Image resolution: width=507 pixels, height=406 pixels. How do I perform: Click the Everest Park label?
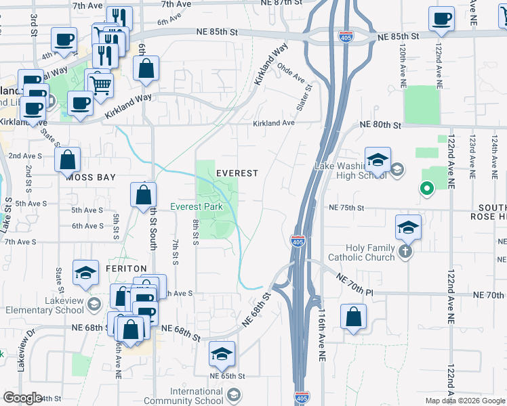197,206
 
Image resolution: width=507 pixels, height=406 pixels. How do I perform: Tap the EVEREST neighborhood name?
237,173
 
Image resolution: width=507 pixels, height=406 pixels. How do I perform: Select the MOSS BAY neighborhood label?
90,177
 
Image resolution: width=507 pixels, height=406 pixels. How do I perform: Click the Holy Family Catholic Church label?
361,252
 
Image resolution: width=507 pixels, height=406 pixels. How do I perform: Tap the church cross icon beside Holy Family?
405,252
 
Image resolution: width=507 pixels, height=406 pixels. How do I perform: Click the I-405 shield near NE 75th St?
298,240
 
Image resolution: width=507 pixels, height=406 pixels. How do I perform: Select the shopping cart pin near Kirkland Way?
100,86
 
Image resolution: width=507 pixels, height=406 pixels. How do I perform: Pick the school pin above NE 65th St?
222,355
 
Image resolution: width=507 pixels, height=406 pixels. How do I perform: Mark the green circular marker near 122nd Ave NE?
426,189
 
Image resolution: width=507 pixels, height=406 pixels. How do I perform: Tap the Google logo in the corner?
22,398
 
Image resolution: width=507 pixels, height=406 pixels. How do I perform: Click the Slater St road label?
305,98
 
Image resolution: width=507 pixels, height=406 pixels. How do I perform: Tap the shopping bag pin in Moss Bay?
68,161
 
